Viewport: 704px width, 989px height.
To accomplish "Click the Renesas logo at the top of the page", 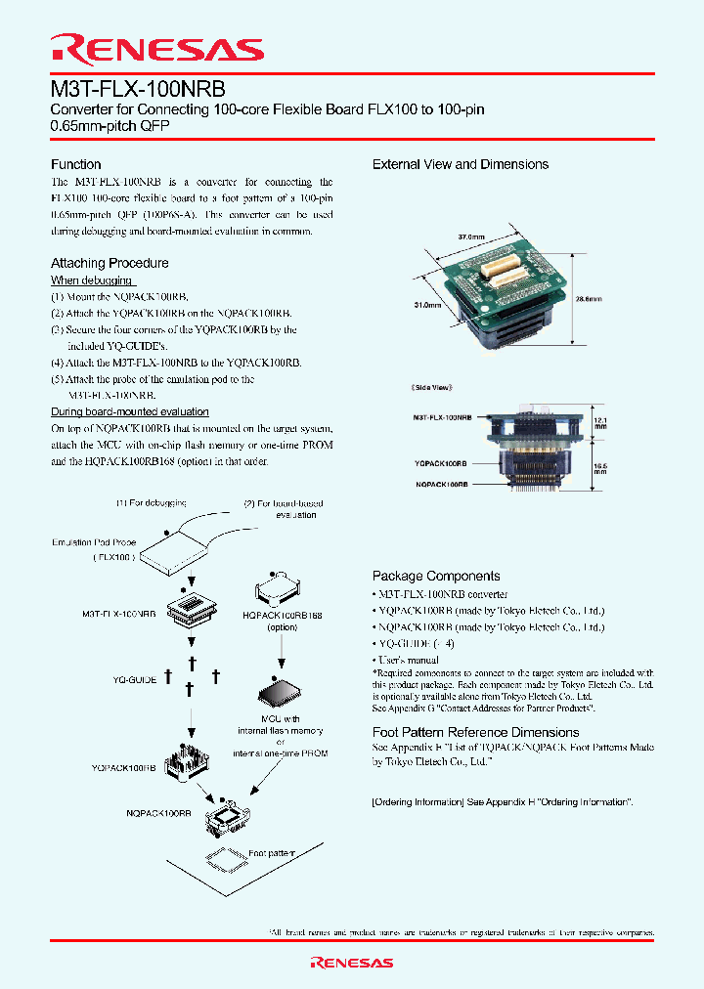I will (x=156, y=50).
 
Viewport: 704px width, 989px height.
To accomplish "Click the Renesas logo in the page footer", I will (x=352, y=963).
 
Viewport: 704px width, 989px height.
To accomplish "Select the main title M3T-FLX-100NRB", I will (x=138, y=87).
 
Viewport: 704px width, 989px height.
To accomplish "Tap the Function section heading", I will (x=75, y=164).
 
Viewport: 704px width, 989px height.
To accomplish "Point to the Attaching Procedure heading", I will (x=110, y=263).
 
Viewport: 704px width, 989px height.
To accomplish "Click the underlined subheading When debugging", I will (x=92, y=279).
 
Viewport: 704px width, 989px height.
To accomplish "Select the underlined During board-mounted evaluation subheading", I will (x=130, y=411).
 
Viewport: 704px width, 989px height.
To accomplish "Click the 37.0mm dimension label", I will (x=471, y=236).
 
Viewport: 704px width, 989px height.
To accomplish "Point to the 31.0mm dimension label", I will (x=427, y=305).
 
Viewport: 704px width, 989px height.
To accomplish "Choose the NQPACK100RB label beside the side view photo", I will (x=441, y=484).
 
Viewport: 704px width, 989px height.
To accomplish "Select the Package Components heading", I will (x=436, y=577).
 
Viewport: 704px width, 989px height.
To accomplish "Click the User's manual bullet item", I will (x=408, y=660).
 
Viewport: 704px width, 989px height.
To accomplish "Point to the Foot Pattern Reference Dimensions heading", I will (x=475, y=732).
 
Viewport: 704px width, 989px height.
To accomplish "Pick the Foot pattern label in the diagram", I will (x=272, y=853).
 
